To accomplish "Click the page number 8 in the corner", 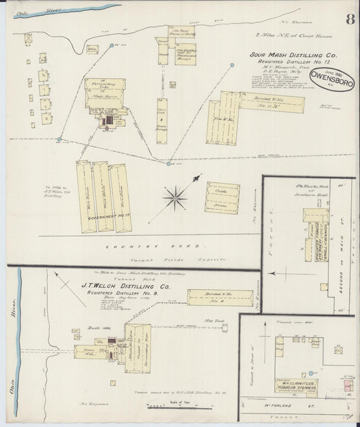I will click(350, 19).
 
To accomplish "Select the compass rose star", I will click(176, 197).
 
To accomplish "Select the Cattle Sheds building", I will click(222, 198).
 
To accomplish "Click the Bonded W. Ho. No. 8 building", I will click(220, 297).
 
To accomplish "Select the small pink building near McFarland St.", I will click(347, 384).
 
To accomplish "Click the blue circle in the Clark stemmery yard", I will click(311, 372).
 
